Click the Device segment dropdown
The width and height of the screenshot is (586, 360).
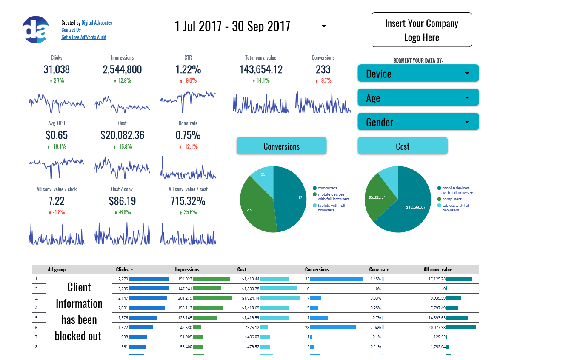coord(418,73)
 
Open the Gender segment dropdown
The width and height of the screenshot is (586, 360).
coord(418,122)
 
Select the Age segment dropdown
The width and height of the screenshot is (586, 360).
coord(418,97)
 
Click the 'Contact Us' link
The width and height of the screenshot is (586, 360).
coord(71,30)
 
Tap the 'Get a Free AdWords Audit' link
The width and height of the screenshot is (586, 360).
coord(84,37)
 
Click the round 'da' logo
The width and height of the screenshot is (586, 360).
coord(36,29)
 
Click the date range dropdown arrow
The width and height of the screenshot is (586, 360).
coord(324,26)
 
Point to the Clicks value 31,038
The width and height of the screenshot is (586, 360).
coord(57,69)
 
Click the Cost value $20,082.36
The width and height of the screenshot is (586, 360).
coord(122,135)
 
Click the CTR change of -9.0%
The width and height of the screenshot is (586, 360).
coord(189,81)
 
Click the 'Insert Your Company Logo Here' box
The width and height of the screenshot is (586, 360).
coord(421,30)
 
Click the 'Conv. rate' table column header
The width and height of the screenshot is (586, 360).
coord(379,269)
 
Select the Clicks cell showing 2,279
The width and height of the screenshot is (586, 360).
coord(122,279)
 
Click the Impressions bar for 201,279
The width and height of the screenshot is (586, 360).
coord(212,298)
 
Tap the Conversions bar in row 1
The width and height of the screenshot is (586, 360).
coord(336,279)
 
